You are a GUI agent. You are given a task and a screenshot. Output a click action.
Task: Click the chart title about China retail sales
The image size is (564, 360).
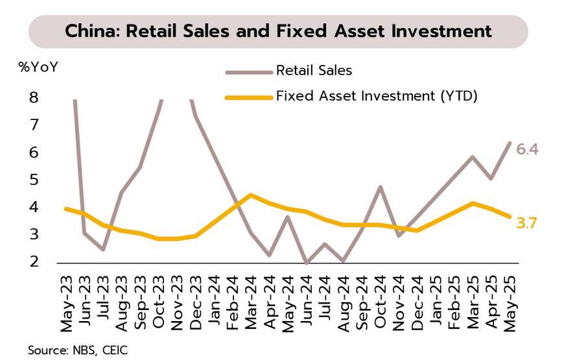(x=278, y=30)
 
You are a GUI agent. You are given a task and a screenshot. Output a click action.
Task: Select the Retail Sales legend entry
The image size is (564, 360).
(x=314, y=70)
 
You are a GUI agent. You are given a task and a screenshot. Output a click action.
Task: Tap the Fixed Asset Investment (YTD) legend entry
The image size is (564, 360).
(x=376, y=97)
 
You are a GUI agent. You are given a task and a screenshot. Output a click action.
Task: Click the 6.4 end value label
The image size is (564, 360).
(x=528, y=150)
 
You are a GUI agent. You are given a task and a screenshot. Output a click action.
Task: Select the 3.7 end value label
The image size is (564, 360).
(x=528, y=223)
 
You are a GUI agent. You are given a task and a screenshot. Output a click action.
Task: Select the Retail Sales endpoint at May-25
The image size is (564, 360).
(x=510, y=143)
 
